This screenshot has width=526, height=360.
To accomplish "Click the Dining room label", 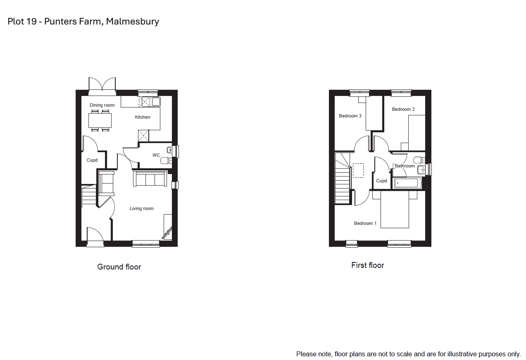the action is tap(102, 105).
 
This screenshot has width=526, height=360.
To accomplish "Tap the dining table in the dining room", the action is tap(100, 120).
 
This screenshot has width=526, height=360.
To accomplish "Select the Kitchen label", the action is tap(142, 117).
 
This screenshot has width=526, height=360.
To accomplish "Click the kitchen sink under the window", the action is tap(156, 102).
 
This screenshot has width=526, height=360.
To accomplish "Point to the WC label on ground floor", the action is tap(156, 155).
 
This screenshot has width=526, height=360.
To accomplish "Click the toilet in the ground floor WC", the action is tap(166, 161).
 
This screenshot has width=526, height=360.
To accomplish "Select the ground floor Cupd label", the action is tap(92, 160).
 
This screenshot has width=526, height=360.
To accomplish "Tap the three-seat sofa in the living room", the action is tap(150, 179).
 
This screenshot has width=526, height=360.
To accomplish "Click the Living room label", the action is tap(142, 209).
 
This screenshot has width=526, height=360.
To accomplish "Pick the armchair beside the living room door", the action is tap(107, 183).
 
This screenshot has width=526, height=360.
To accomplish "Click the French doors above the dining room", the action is tap(102, 86).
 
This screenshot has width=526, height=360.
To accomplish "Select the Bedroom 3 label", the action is tap(350, 116).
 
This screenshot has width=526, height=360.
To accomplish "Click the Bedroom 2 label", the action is tap(403, 109).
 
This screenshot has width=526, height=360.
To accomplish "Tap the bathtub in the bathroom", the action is tap(407, 183).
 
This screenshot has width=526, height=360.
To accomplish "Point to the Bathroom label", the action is tap(405, 166).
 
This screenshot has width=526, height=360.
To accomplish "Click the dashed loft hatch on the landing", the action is tap(358, 170).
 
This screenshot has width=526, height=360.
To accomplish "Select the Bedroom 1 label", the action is tap(365, 223).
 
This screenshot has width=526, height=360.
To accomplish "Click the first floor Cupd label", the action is tap(381, 181).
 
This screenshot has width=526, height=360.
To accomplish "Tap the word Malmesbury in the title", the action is tap(133, 21).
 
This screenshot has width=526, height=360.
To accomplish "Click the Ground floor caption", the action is tap(119, 267).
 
